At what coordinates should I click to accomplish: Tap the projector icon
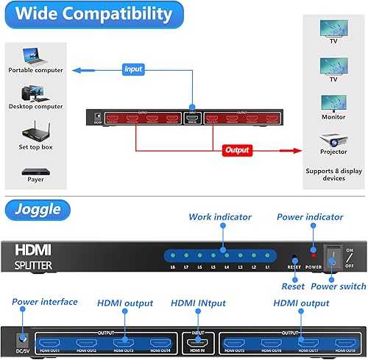(329, 138)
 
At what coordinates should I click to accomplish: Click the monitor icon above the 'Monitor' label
(329, 102)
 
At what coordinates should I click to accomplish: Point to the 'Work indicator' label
(219, 217)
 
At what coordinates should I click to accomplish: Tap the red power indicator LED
(313, 253)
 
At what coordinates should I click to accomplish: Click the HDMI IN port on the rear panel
(198, 342)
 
